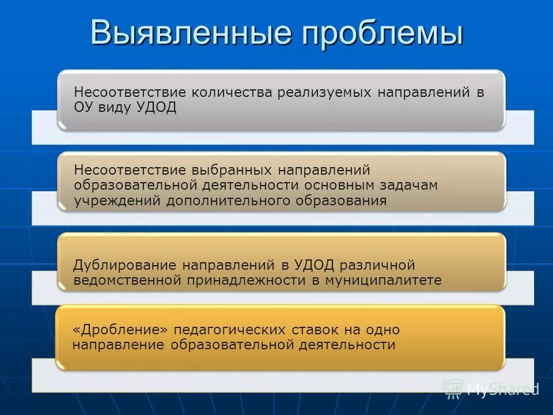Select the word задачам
pyautogui.click(x=410, y=185)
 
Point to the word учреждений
pyautogui.click(x=118, y=201)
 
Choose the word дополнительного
pyautogui.click(x=229, y=201)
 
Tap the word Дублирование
pyautogui.click(x=125, y=265)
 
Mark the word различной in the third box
pyautogui.click(x=377, y=265)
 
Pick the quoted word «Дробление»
pyautogui.click(x=120, y=330)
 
